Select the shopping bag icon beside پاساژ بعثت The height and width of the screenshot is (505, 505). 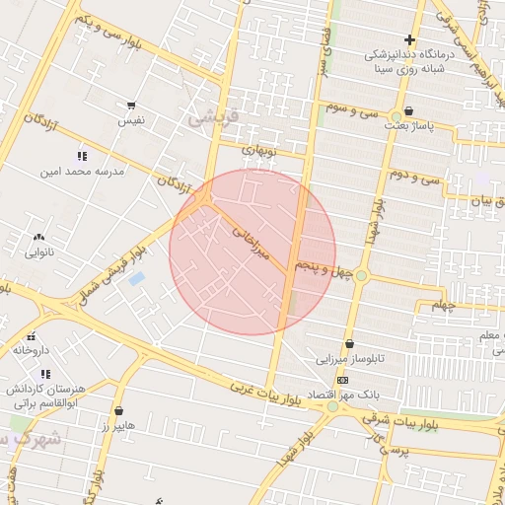408,111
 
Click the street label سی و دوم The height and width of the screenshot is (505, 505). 412,178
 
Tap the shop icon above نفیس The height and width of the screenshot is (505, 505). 131,105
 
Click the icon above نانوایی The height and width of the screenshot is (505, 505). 38,237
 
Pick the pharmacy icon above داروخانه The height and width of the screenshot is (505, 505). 31,335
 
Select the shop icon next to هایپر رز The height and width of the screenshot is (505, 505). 119,410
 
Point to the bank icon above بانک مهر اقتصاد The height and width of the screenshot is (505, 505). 342,380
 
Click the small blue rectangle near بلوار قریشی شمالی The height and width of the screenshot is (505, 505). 136,279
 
